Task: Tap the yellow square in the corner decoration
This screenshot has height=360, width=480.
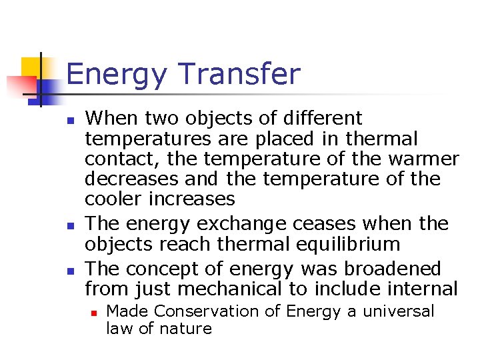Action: [32, 67]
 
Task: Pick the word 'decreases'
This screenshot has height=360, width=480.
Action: [131, 179]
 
